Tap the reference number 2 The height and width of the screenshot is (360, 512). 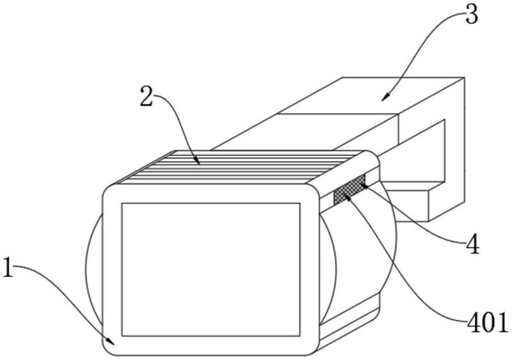tap(147, 96)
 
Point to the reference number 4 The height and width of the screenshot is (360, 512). tap(473, 244)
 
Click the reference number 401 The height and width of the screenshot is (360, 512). tap(488, 321)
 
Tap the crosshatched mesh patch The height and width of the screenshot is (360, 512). tap(349, 190)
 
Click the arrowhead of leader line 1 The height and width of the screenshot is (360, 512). tap(111, 341)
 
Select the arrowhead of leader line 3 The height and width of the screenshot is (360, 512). tap(385, 98)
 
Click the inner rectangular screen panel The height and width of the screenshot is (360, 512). tap(211, 270)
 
